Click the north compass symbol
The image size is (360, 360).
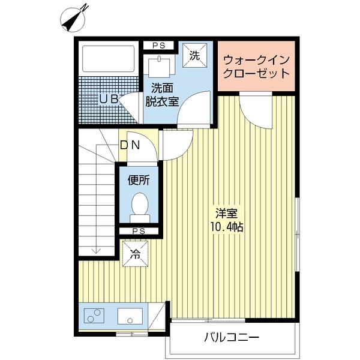[73, 19]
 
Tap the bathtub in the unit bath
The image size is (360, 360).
[108, 59]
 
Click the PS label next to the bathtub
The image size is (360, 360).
[159, 46]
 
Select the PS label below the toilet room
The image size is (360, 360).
[139, 231]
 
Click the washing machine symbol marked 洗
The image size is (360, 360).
[194, 56]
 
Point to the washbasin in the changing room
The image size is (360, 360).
[159, 67]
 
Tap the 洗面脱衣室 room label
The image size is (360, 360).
[162, 95]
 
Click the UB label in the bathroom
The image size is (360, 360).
[109, 99]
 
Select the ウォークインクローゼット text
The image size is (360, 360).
[256, 67]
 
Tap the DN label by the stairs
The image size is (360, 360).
[130, 145]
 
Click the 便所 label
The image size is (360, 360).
[139, 180]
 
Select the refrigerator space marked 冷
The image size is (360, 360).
[135, 254]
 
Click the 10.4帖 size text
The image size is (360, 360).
[227, 227]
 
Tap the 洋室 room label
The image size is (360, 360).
[226, 214]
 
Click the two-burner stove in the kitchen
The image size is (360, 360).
[94, 316]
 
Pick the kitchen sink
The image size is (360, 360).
[130, 316]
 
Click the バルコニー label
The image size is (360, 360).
[232, 337]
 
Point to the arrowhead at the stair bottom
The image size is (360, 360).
[96, 251]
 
